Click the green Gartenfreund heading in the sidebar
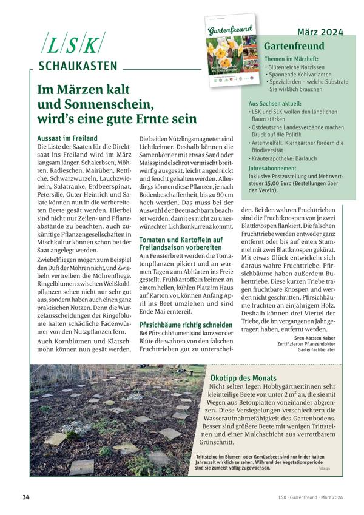click(x=294, y=46)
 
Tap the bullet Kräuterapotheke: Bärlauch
click(x=288, y=155)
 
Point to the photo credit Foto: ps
click(x=324, y=469)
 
